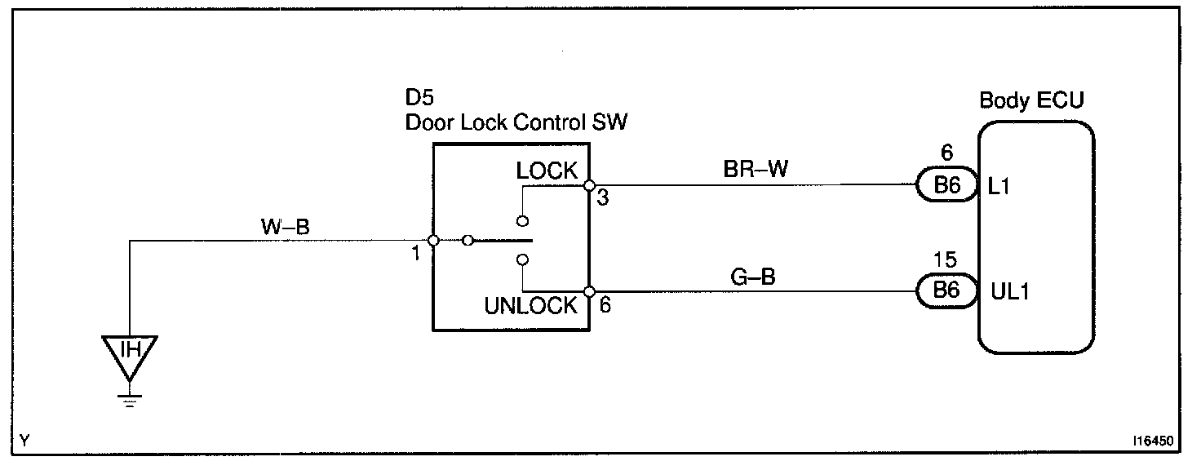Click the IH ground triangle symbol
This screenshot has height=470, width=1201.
click(x=130, y=353)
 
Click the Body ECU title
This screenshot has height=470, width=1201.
click(x=1032, y=101)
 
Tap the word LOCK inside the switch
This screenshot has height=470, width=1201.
click(x=547, y=171)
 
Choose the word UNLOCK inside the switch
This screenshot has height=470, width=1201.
click(x=531, y=307)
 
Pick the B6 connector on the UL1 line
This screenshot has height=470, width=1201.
click(x=946, y=291)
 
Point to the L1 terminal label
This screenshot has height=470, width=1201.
click(x=999, y=187)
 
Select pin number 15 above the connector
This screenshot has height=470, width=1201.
click(x=946, y=261)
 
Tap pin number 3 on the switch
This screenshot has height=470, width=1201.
click(x=602, y=198)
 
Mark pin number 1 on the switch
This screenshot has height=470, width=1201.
click(x=415, y=254)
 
